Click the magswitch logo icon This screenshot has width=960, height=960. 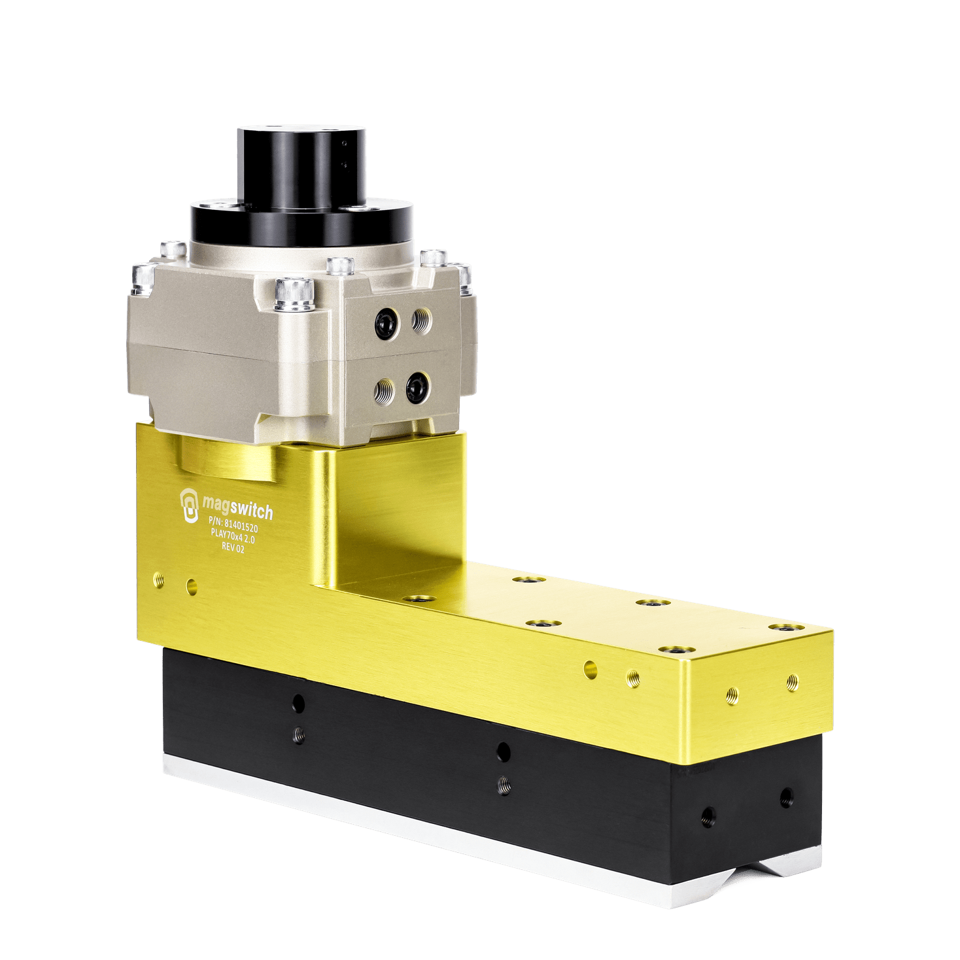tap(189, 505)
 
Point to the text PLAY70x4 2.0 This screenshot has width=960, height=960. tap(233, 535)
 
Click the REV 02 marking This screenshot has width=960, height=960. tap(231, 546)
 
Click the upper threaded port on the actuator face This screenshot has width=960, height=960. tap(422, 321)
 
